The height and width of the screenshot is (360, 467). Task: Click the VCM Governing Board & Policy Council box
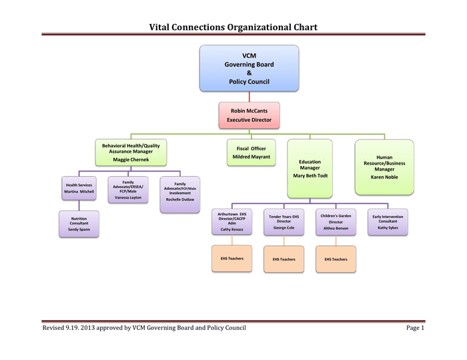(x=249, y=68)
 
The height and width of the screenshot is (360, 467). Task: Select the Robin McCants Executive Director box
(x=249, y=115)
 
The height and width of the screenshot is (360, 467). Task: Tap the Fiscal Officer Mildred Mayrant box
(x=251, y=152)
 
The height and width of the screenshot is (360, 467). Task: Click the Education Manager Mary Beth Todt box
(x=310, y=169)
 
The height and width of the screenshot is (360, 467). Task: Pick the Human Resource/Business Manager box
(x=384, y=167)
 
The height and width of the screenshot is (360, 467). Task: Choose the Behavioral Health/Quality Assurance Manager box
(x=131, y=152)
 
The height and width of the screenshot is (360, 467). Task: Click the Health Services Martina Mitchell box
(x=79, y=188)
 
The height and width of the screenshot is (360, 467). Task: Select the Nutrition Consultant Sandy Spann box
(x=79, y=224)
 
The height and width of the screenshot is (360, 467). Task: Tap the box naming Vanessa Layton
(x=128, y=190)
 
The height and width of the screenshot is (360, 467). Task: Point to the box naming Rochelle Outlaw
(x=180, y=195)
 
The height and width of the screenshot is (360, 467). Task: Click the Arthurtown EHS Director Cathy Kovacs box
(x=231, y=221)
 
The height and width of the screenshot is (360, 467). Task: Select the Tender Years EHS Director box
(x=284, y=222)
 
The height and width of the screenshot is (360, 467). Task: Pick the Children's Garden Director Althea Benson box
(x=336, y=222)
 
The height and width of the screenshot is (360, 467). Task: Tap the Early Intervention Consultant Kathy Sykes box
(x=388, y=222)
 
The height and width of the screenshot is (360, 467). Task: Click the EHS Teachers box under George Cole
(x=284, y=259)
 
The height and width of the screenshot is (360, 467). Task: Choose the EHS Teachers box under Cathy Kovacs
(x=231, y=259)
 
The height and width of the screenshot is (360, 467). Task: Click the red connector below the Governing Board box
(x=250, y=97)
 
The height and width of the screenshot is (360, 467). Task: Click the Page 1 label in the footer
(x=415, y=328)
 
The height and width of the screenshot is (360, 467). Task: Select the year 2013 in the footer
(x=87, y=328)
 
